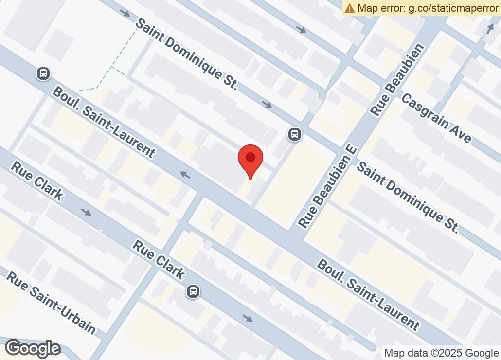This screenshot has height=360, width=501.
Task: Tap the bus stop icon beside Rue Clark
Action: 193,291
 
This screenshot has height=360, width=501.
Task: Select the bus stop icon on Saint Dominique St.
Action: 294,134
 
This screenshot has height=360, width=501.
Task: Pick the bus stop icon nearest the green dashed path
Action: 43,73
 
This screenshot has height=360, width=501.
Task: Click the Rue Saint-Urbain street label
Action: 51,303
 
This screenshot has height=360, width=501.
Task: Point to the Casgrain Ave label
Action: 436,118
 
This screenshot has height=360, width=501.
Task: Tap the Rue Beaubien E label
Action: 327,186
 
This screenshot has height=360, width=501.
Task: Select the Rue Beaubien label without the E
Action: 397,79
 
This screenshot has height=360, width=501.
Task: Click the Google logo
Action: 33,348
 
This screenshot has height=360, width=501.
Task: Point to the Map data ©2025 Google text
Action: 441,353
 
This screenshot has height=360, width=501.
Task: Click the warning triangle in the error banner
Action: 350,8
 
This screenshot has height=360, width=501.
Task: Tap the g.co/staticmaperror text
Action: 451,8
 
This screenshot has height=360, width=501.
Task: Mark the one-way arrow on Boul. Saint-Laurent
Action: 185,174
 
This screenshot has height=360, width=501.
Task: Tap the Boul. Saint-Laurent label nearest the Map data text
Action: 368,295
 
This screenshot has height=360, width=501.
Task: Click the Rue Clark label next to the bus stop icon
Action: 159,260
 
